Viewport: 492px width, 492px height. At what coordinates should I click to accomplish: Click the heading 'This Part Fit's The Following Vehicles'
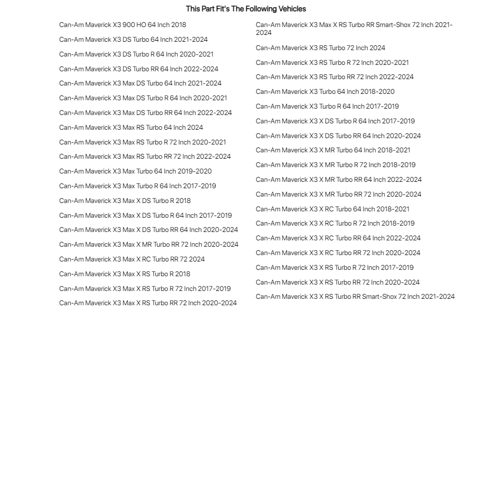[246, 9]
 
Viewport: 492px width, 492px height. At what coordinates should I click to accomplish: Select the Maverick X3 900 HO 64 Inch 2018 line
[122, 25]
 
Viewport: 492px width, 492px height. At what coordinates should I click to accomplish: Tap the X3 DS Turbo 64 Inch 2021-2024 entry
[133, 40]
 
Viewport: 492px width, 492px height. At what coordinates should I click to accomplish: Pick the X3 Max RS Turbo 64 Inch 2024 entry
[131, 128]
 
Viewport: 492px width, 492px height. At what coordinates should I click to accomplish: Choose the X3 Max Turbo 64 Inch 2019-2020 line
[135, 172]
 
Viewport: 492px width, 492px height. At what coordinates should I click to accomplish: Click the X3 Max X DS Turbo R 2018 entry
[125, 201]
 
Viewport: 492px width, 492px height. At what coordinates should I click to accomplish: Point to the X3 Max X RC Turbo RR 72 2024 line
[132, 260]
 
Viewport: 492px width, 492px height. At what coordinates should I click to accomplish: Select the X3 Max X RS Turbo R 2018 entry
[124, 274]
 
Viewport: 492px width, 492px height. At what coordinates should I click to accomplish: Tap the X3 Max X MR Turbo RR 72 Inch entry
[148, 245]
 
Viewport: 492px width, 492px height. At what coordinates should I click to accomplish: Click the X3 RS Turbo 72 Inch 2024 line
[320, 48]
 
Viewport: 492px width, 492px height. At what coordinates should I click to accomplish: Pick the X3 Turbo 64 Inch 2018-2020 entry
[325, 92]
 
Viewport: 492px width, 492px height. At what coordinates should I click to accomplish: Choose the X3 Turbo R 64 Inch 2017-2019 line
[327, 107]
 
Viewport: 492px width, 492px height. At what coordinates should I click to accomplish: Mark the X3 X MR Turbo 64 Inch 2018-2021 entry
[333, 150]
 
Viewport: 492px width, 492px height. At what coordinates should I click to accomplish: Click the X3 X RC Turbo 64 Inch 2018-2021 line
[332, 209]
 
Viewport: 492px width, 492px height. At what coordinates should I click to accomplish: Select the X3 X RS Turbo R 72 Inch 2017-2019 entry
[334, 268]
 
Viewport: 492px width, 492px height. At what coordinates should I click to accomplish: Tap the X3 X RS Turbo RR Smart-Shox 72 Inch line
[355, 297]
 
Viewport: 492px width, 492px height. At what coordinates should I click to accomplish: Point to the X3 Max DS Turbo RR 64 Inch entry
[145, 113]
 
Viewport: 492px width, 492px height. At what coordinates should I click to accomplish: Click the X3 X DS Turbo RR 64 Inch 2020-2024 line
[338, 136]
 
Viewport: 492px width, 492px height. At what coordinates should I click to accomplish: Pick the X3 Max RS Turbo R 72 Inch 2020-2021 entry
[143, 143]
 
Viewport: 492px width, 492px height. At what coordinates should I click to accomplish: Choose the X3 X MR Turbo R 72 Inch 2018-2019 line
[335, 165]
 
